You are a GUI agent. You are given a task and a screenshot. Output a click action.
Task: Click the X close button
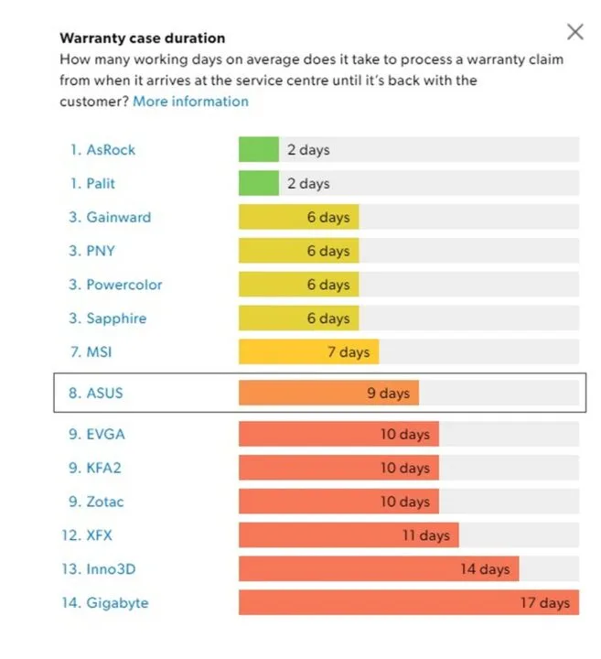574,33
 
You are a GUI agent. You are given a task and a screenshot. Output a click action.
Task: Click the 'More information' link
190,101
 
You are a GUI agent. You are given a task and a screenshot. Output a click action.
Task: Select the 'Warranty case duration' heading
142,38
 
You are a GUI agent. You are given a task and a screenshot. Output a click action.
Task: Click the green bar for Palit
258,184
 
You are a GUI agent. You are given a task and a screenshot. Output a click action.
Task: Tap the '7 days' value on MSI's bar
349,352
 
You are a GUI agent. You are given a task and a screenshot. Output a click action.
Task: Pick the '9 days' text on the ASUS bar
388,394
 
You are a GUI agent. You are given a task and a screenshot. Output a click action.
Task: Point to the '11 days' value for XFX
426,535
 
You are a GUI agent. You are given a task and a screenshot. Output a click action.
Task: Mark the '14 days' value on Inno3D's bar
485,569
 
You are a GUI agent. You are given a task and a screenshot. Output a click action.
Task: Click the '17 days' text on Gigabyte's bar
545,603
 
